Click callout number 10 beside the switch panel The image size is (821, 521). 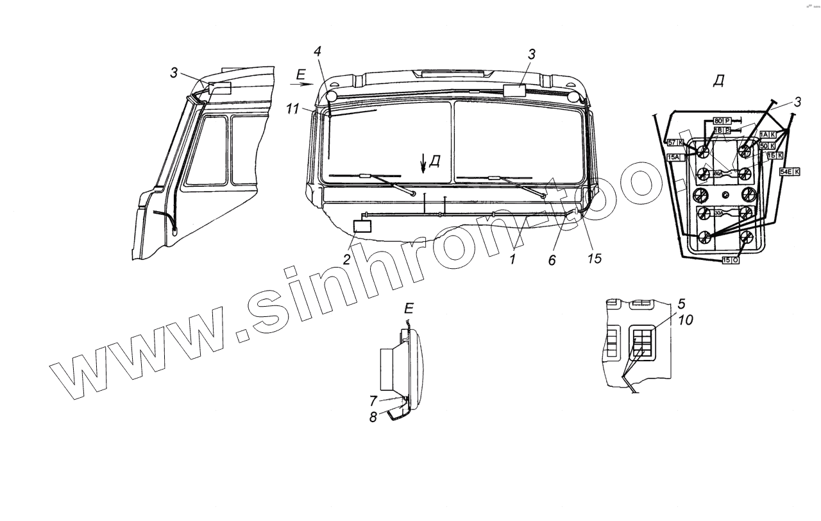point(685,320)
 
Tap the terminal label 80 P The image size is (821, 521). point(722,120)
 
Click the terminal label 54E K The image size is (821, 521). point(789,172)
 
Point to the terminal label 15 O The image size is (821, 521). point(731,260)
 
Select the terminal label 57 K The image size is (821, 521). point(675,142)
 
